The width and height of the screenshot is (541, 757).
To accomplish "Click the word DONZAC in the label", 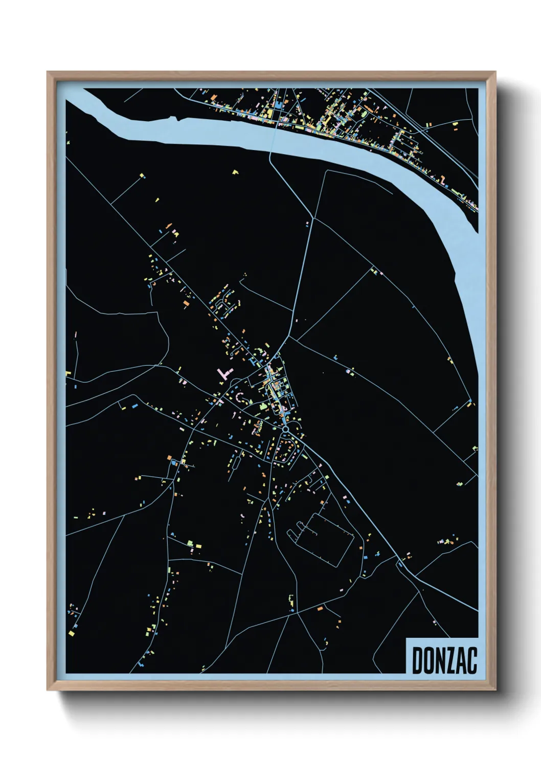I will (x=444, y=660).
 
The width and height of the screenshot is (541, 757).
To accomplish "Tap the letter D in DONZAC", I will (x=417, y=660).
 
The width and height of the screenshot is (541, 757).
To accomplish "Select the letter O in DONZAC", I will (x=429, y=660).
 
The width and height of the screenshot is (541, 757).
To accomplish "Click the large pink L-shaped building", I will (x=223, y=372).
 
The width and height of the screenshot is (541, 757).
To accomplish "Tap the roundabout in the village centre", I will (x=286, y=429).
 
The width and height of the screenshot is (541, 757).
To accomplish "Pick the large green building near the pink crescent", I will (x=263, y=406).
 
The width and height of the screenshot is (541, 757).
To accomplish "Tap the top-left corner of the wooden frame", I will (x=48, y=72).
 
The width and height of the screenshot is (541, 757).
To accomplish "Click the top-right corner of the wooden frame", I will (x=495, y=72).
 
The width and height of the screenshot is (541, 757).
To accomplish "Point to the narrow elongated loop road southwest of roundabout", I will (x=284, y=451).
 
